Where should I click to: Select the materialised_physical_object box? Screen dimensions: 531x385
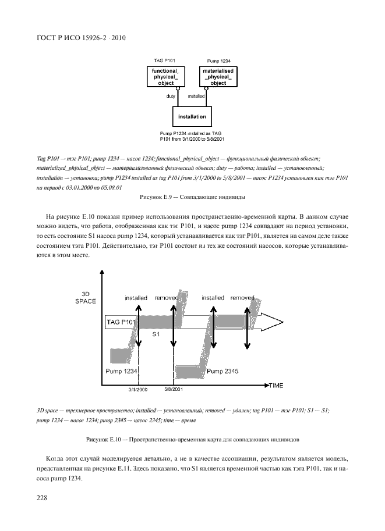click(217, 76)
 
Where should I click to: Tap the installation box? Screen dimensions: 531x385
click(192, 116)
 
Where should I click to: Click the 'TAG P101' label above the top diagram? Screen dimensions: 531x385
click(164, 60)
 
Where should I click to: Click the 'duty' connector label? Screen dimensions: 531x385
click(171, 95)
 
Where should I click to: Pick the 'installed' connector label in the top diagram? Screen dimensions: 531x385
click(196, 95)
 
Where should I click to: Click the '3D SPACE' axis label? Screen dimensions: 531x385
click(85, 297)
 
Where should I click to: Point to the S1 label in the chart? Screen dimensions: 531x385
click(156, 335)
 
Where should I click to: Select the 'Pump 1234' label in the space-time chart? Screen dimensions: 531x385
click(121, 370)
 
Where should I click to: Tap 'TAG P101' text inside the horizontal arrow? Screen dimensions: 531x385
click(121, 322)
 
